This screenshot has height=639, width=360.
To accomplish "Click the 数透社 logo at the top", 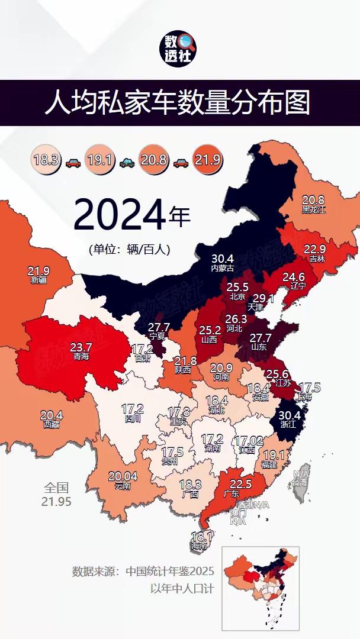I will [x=180, y=49].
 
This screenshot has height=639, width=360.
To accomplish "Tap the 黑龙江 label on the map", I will [x=313, y=209].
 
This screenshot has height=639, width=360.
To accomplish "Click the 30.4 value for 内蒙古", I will [x=223, y=259].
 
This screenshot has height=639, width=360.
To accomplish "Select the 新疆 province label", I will [x=38, y=279].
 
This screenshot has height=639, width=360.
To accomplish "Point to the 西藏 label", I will [x=52, y=424].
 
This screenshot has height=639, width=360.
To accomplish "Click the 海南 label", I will [x=200, y=546].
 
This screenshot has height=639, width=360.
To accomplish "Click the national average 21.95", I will [x=56, y=501].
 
